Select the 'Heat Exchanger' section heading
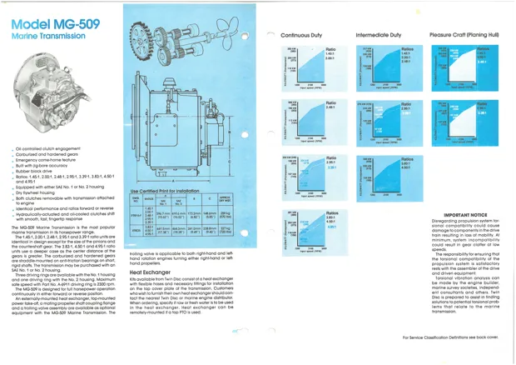coord(151,271)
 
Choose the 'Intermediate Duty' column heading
coord(382,36)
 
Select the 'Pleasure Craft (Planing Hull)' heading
coord(464,36)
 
